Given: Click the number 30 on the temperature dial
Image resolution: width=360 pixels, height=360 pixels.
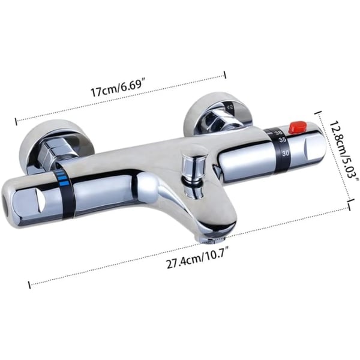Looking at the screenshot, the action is point(286,153).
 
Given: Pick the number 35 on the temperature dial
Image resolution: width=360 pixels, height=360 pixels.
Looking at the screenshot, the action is point(282,140).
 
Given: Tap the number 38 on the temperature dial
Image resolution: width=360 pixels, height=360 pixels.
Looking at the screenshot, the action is point(278,133).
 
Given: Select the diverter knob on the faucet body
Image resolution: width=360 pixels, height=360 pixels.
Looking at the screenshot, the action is point(194,166).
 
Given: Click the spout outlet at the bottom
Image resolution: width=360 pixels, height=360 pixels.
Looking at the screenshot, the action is point(215,241).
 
